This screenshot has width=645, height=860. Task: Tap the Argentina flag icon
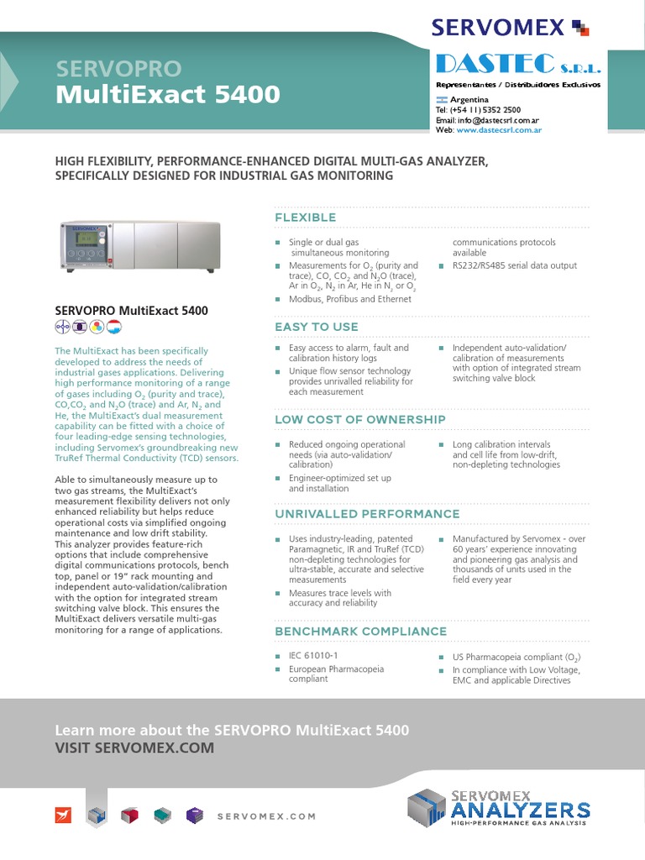(441, 99)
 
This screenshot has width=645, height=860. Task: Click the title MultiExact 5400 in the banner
(167, 95)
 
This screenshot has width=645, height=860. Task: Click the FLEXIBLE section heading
(306, 218)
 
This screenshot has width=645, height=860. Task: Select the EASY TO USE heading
(317, 327)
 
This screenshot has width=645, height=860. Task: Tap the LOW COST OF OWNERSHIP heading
(360, 419)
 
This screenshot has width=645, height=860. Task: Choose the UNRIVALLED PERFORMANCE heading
(367, 514)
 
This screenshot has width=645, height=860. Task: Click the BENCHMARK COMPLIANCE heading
(361, 632)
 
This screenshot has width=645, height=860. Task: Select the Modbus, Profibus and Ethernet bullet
(349, 299)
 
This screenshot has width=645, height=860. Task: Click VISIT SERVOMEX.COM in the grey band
(134, 747)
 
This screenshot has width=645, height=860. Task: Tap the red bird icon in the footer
(64, 815)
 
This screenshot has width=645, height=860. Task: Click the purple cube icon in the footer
(195, 815)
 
